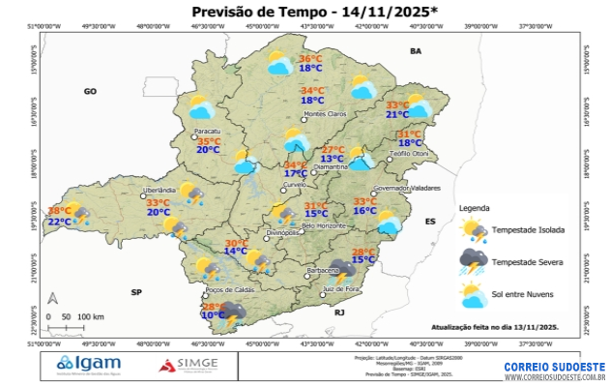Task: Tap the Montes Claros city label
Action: pyautogui.click(x=325, y=114)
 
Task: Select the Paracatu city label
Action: pyautogui.click(x=208, y=131)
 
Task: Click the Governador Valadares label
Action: pyautogui.click(x=406, y=188)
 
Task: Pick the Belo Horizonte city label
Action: pyautogui.click(x=324, y=226)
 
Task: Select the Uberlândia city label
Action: pyautogui.click(x=159, y=191)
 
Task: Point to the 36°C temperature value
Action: pyautogui.click(x=310, y=58)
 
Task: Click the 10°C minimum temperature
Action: pyautogui.click(x=213, y=315)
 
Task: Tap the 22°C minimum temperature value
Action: pyautogui.click(x=60, y=222)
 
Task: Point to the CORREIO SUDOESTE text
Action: pyautogui.click(x=554, y=368)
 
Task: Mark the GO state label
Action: pyautogui.click(x=90, y=91)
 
